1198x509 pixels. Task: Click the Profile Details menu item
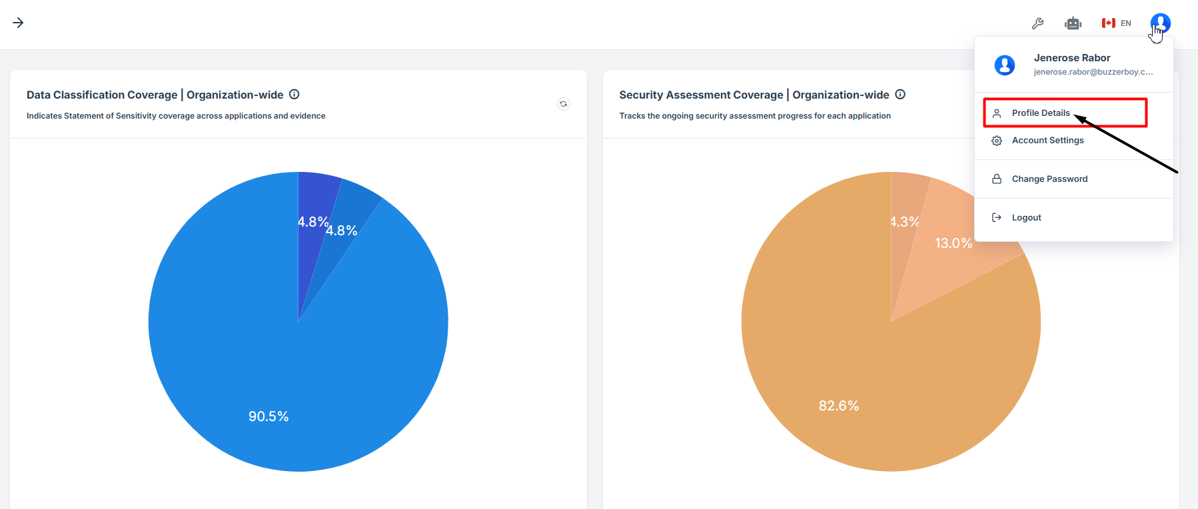point(1040,113)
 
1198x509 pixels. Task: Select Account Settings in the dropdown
point(1047,141)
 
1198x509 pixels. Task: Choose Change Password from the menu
point(1049,179)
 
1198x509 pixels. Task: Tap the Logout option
point(1026,218)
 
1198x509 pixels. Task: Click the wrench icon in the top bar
point(1037,23)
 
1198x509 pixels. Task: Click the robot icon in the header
point(1073,23)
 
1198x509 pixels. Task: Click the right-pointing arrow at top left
point(18,23)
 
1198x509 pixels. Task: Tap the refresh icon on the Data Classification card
point(564,104)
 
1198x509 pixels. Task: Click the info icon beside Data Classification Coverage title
point(295,95)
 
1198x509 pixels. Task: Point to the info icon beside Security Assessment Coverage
point(900,95)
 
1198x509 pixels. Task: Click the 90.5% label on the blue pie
point(269,416)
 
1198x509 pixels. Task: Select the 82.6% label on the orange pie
point(839,406)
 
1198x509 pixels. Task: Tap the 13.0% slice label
point(953,243)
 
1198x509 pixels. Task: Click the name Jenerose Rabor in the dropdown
point(1072,58)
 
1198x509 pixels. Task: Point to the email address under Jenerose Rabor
point(1093,72)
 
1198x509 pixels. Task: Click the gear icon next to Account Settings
point(997,141)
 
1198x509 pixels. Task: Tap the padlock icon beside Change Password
point(997,179)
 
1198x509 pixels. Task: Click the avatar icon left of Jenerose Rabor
point(1005,65)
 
